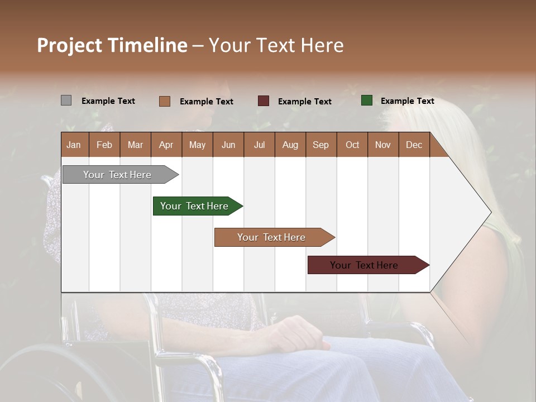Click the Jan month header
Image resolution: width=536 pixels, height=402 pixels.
pyautogui.click(x=74, y=145)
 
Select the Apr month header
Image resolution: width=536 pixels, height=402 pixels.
pyautogui.click(x=166, y=145)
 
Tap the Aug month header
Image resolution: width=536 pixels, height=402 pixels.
pyautogui.click(x=290, y=145)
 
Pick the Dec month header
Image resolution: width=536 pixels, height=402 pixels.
pyautogui.click(x=414, y=145)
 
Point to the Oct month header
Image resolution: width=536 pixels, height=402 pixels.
pyautogui.click(x=352, y=145)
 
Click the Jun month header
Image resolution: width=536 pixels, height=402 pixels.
pyautogui.click(x=228, y=145)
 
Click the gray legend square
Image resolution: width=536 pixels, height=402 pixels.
pyautogui.click(x=66, y=100)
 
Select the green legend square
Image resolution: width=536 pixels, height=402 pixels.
pyautogui.click(x=366, y=100)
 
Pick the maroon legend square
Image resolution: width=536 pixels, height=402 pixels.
pyautogui.click(x=264, y=101)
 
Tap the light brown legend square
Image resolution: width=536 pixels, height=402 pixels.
pyautogui.click(x=164, y=101)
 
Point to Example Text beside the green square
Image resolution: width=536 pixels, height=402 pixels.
pyautogui.click(x=407, y=101)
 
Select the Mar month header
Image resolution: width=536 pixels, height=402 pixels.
pyautogui.click(x=135, y=145)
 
